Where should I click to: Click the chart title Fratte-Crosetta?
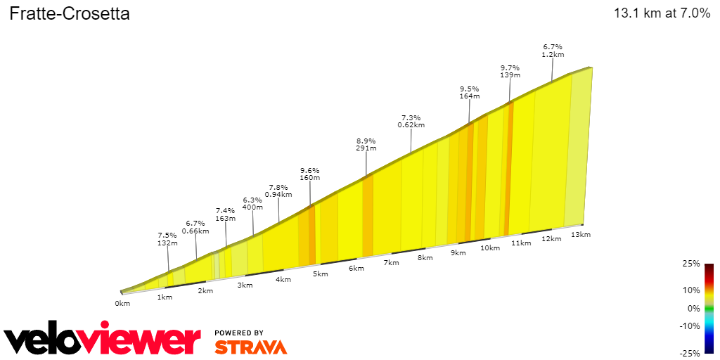[70, 14]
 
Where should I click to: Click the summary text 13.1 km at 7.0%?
[662, 13]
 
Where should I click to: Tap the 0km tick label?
[122, 304]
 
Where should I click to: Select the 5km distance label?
[321, 274]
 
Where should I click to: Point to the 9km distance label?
[458, 252]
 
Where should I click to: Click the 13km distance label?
[580, 234]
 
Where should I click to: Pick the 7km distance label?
[392, 263]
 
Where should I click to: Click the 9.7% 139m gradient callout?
[510, 70]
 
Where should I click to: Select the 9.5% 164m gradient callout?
[469, 92]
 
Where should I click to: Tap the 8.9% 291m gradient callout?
[366, 144]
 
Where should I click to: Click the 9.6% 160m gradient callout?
[310, 174]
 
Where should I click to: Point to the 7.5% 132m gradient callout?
[168, 238]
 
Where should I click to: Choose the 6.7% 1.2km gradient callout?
[553, 50]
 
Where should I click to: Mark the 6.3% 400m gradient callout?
[252, 203]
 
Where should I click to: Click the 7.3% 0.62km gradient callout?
[411, 121]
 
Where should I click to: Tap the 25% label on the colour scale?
[691, 264]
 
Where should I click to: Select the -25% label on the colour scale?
[690, 353]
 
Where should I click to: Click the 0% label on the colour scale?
[693, 308]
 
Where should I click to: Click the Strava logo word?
[250, 347]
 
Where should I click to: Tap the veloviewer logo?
[103, 340]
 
